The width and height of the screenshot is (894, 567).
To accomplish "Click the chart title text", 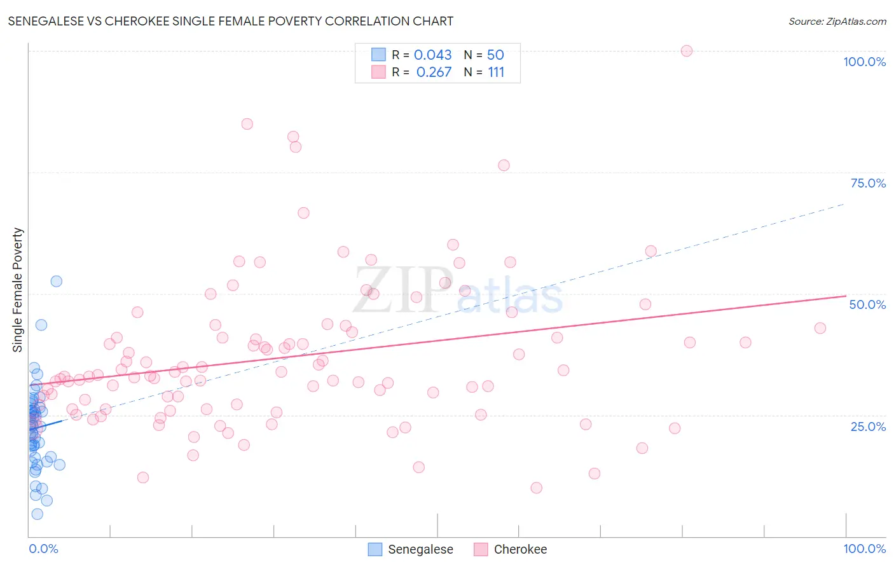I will pos(230,21).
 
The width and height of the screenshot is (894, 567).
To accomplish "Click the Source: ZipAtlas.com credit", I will pos(837,21).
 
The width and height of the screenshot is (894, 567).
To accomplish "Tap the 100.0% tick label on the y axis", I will pos(864,62).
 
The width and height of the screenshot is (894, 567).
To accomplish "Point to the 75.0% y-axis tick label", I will pos(868,183).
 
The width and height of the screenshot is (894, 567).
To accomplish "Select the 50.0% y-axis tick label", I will pos(867,304).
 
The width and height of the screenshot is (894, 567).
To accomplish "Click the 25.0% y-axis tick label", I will pos(868,426).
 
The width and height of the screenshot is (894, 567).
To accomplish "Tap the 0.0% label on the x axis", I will pos(43,549).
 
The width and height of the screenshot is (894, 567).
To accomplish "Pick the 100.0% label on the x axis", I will pos(864,549).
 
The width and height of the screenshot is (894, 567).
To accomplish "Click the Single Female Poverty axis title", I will pos(18,290).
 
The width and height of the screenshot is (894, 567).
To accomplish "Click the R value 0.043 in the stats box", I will pos(432,55).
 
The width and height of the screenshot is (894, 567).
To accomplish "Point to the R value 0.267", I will pos(434,72).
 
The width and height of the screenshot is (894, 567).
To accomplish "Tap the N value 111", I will pos(496,72).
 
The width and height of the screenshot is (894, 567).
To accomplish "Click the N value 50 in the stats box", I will pos(495,55).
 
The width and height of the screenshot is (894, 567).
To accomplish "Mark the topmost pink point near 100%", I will pos(686,51).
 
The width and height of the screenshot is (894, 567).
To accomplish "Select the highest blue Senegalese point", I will pos(56,281).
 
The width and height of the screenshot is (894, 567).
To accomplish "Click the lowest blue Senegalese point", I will pos(37,514).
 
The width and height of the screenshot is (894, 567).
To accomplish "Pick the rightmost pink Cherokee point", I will pos(820,328).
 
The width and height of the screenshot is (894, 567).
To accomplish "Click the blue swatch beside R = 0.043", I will pos(378,55).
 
